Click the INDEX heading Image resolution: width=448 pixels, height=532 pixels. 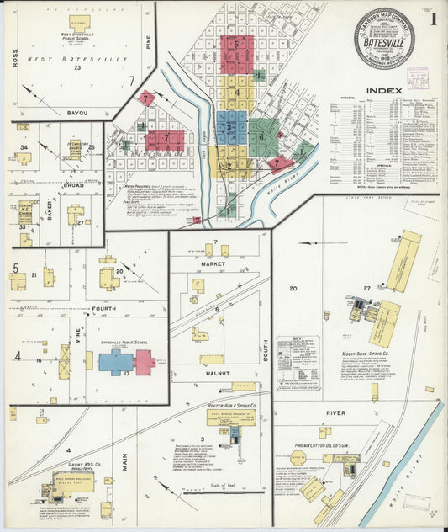[382, 90]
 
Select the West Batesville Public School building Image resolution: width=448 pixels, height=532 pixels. [79, 21]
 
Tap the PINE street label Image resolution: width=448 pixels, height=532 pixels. [147, 41]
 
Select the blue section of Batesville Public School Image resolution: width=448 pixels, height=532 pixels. [116, 362]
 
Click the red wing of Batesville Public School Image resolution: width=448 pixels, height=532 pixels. [144, 362]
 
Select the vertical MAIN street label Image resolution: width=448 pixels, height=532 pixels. [124, 460]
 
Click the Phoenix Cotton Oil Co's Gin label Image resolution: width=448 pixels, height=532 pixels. [323, 444]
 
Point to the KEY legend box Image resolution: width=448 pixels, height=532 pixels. [298, 363]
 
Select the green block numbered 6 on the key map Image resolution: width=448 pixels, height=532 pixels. [262, 134]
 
